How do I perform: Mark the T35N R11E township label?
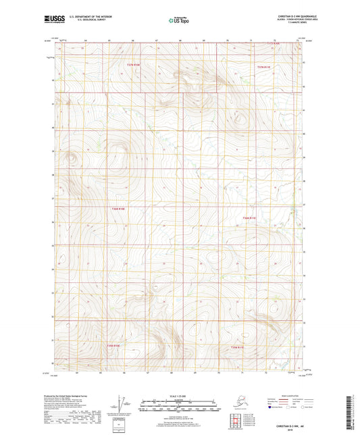pos(239,347)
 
